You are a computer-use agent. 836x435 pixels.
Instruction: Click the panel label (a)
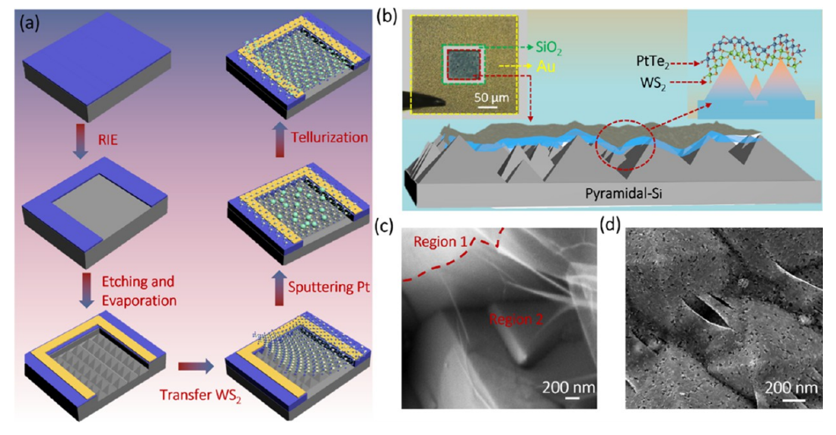[x=32, y=23]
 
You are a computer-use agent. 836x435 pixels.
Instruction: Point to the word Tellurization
[x=329, y=138]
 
